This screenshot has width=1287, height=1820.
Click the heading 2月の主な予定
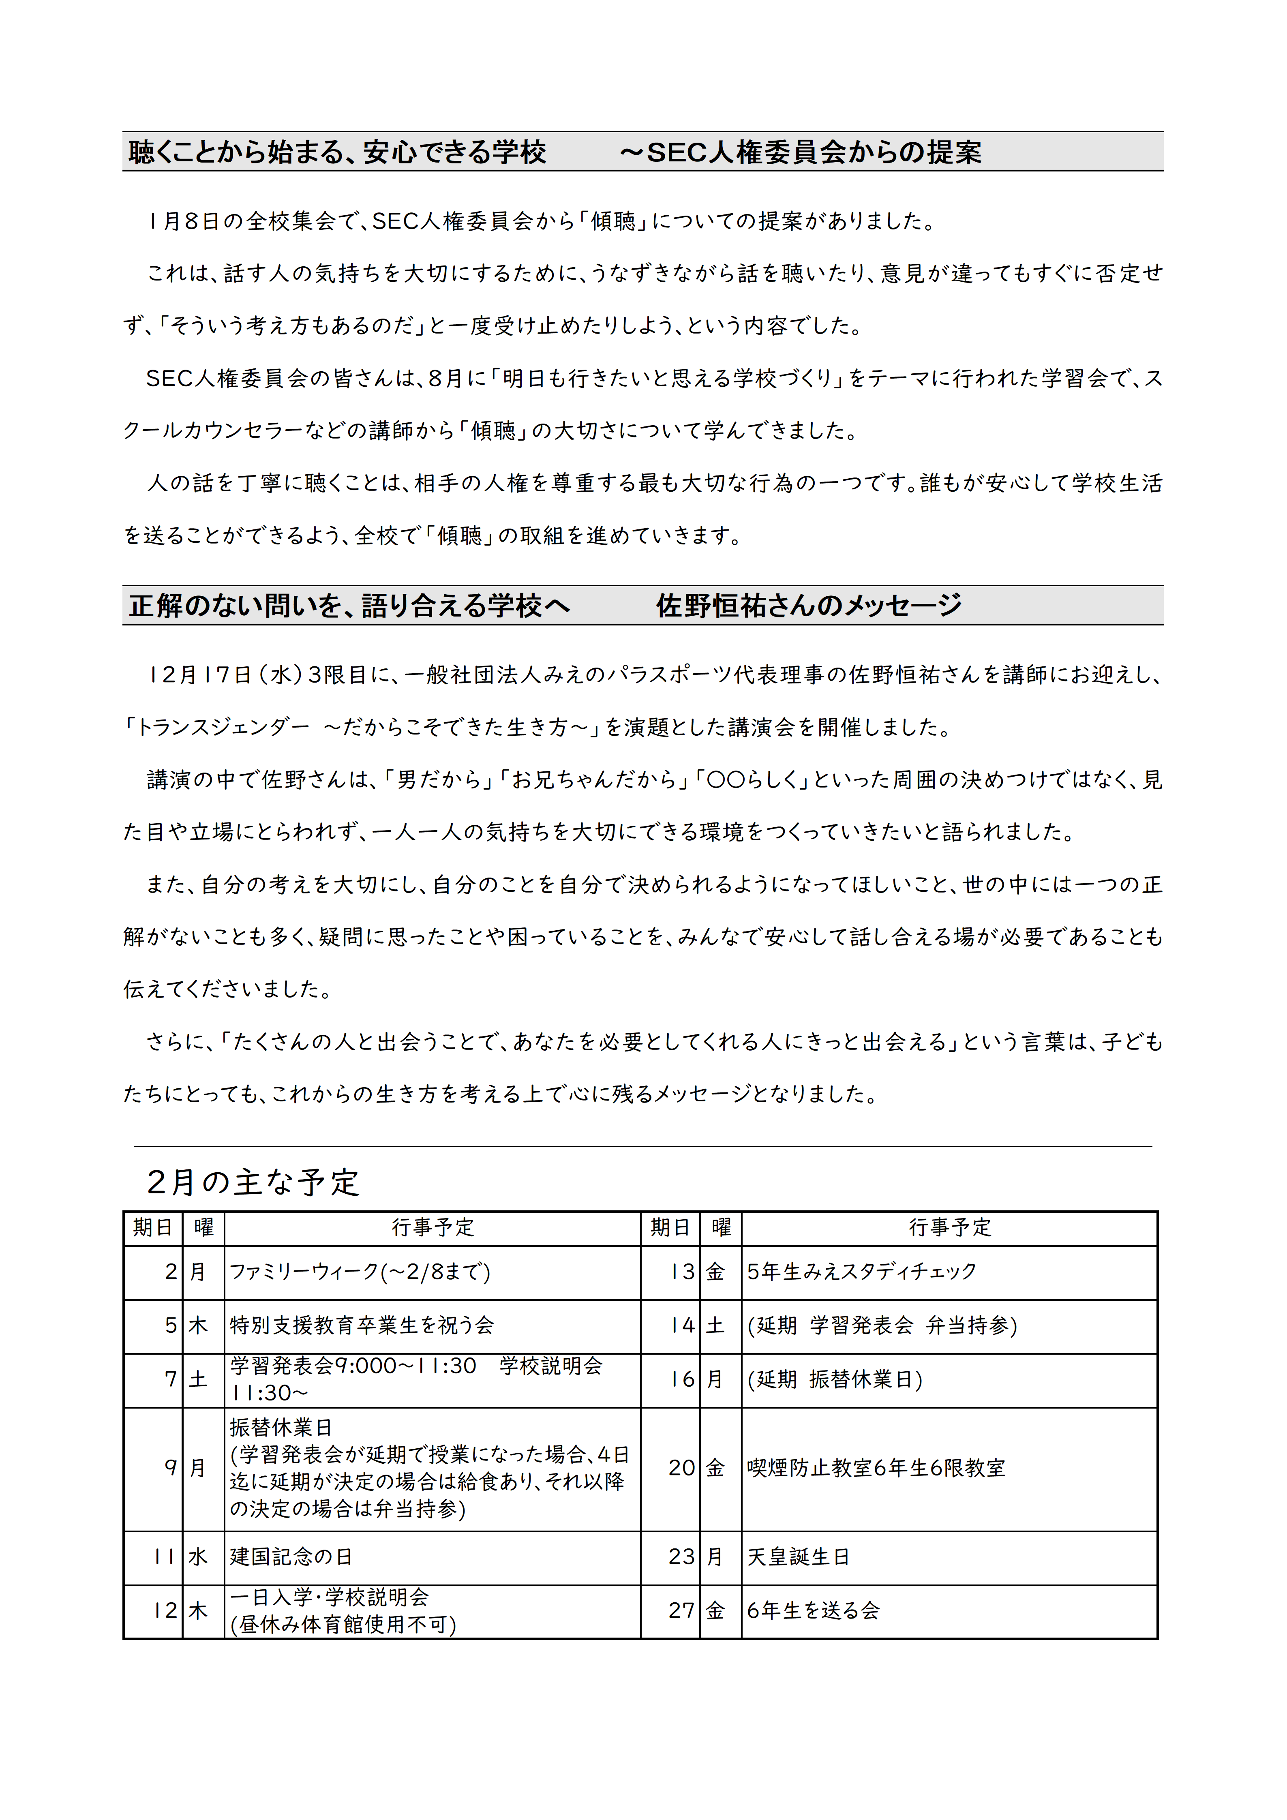[x=254, y=1182]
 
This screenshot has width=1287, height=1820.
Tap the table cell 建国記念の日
[x=291, y=1557]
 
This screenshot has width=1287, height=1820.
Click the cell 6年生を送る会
[x=813, y=1611]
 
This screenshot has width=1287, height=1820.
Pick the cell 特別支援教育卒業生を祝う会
[x=362, y=1325]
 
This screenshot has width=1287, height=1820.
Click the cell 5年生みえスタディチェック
[x=861, y=1272]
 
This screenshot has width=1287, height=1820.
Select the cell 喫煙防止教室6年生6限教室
[x=876, y=1468]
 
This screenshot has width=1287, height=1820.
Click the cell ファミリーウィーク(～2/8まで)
[x=360, y=1272]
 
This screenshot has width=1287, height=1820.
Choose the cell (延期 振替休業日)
[x=835, y=1379]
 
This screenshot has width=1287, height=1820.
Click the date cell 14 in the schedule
[x=681, y=1325]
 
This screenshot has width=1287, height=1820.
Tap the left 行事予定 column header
[x=433, y=1228]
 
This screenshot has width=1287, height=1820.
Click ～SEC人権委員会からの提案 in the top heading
[x=801, y=152]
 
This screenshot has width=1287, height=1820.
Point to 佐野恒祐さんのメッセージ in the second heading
[x=808, y=606]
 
